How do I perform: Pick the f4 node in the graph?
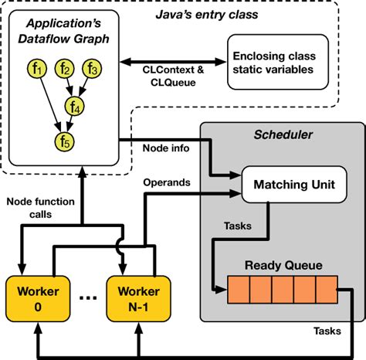point(74,106)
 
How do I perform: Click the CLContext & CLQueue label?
point(175,76)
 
